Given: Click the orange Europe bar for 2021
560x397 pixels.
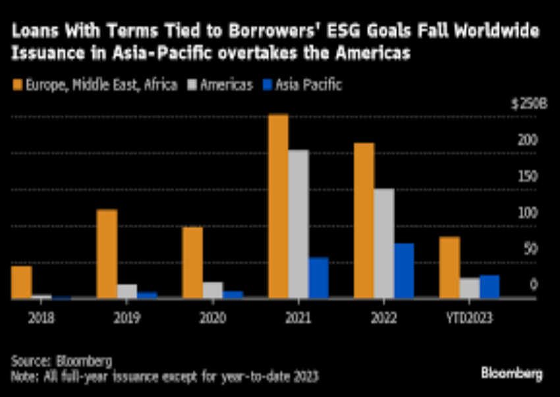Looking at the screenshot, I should pyautogui.click(x=278, y=206).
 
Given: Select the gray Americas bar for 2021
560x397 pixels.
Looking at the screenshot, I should pyautogui.click(x=298, y=224).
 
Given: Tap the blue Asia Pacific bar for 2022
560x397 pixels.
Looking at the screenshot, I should pyautogui.click(x=404, y=270).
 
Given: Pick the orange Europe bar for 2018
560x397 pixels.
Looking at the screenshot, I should pyautogui.click(x=21, y=282).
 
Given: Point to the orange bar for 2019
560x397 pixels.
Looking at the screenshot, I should pyautogui.click(x=107, y=254).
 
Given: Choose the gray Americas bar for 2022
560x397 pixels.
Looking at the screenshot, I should pyautogui.click(x=384, y=243).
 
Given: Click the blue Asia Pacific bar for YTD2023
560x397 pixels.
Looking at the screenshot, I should pyautogui.click(x=490, y=287).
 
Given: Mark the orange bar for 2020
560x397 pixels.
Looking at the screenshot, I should pyautogui.click(x=192, y=262).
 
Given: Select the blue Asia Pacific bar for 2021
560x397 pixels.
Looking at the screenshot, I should pyautogui.click(x=318, y=278).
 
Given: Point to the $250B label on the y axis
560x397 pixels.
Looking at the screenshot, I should pyautogui.click(x=524, y=104).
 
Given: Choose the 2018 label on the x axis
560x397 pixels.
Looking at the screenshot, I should pyautogui.click(x=41, y=318).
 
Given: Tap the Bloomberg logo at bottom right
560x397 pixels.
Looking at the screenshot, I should pyautogui.click(x=512, y=374).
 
